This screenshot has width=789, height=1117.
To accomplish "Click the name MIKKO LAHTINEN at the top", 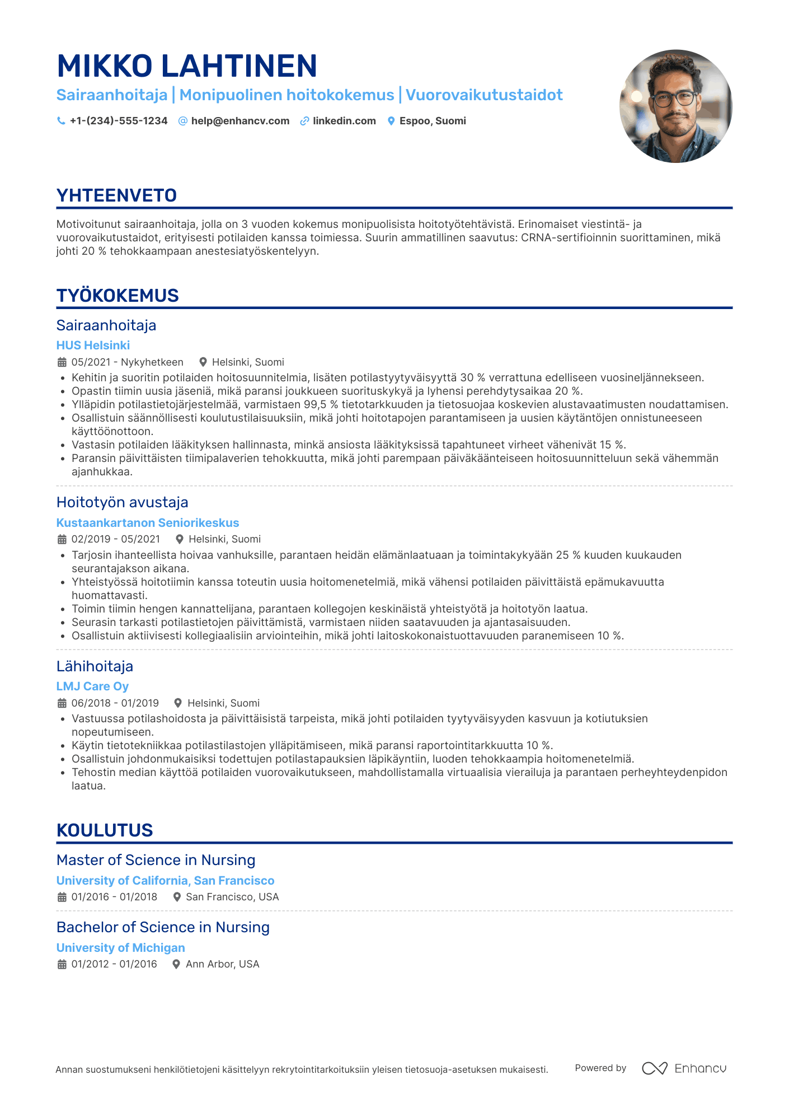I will click(187, 66).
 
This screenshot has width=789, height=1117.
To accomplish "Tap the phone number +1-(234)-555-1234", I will click(118, 121).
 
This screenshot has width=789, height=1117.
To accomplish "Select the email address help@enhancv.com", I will click(240, 121).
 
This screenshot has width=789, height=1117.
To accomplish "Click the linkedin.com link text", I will click(344, 121).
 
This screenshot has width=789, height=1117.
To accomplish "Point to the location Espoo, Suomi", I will click(433, 121).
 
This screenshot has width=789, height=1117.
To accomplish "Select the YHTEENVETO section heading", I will click(116, 195).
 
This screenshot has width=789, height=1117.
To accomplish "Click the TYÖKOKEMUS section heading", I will click(118, 296).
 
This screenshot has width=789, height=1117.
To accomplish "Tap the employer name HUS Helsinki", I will click(93, 345).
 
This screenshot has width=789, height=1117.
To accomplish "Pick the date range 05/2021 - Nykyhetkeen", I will click(127, 362).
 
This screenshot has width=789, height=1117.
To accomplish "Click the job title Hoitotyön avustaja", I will click(122, 502).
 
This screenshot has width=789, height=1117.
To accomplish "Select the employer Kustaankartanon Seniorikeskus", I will click(148, 523).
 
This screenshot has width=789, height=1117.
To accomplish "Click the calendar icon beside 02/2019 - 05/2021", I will click(62, 539).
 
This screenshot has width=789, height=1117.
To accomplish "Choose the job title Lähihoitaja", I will click(95, 666).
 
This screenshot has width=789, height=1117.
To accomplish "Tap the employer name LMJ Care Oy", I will click(92, 686).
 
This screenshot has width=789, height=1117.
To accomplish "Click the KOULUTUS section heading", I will click(105, 830).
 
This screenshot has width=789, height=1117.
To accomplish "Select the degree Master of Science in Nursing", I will click(156, 860).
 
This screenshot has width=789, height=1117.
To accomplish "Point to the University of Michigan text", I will click(120, 948).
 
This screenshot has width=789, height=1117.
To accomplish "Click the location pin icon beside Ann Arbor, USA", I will click(176, 964).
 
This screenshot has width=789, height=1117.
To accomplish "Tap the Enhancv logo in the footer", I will click(684, 1068).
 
